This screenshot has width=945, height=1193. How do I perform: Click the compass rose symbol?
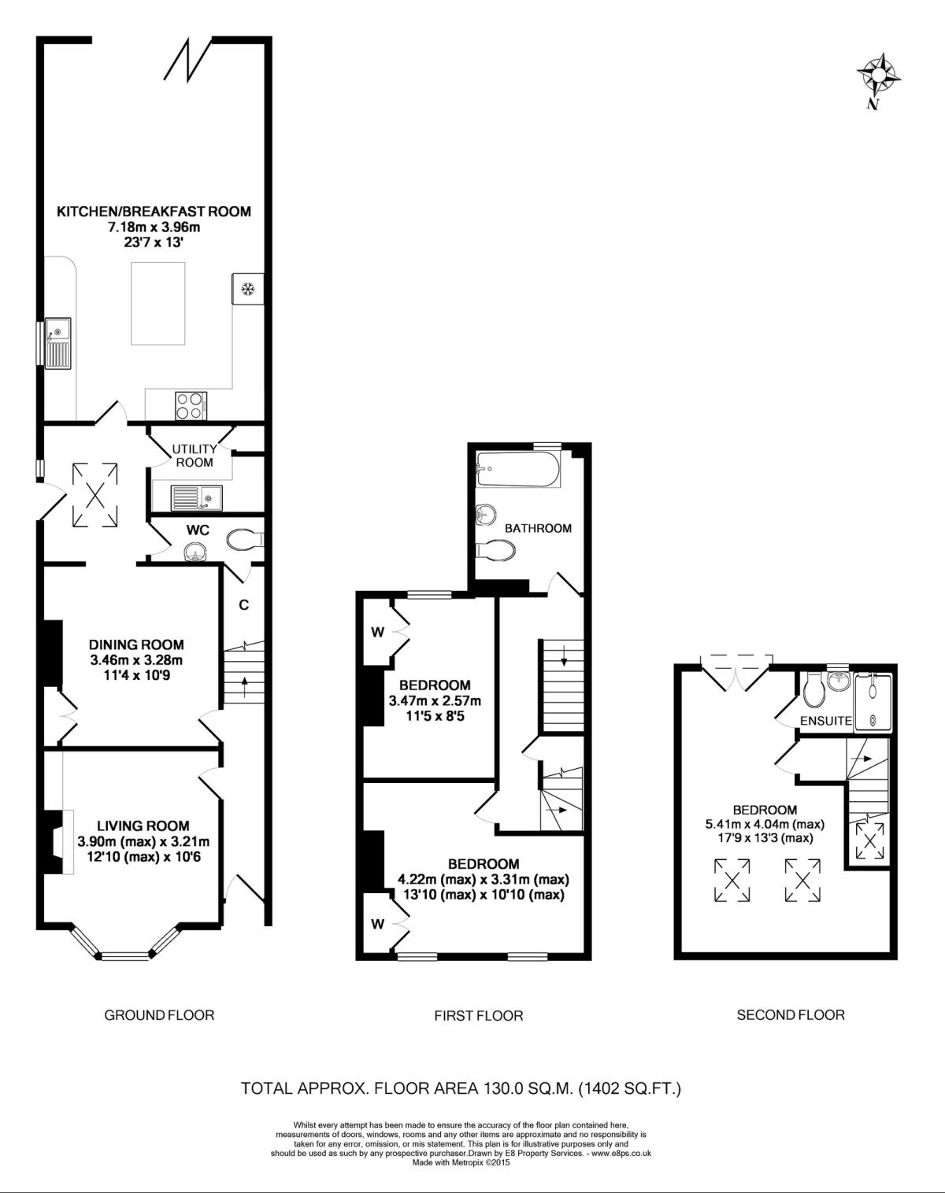pyautogui.click(x=878, y=76)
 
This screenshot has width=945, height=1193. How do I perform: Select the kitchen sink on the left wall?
pyautogui.click(x=59, y=343)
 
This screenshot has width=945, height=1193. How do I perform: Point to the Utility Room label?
pyautogui.click(x=195, y=456)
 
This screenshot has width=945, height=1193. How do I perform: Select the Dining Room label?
pyautogui.click(x=136, y=645)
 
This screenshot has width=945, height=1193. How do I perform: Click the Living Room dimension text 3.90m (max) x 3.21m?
pyautogui.click(x=143, y=841)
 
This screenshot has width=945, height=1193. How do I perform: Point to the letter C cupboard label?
pyautogui.click(x=244, y=604)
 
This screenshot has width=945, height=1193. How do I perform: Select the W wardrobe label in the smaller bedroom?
pyautogui.click(x=377, y=632)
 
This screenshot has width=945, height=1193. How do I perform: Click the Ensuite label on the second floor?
pyautogui.click(x=825, y=720)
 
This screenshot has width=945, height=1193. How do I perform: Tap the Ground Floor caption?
pyautogui.click(x=159, y=1015)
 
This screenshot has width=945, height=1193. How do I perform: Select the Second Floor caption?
pyautogui.click(x=790, y=1015)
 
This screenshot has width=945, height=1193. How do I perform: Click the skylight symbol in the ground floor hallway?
pyautogui.click(x=94, y=495)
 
